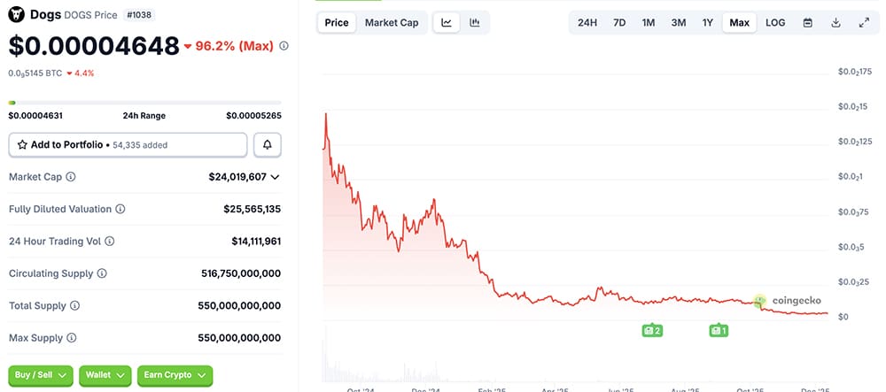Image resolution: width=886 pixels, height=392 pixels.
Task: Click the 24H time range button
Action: [x=587, y=22]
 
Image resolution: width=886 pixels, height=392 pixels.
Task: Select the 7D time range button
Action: [x=619, y=22]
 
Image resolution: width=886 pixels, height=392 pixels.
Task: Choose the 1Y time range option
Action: [x=707, y=22]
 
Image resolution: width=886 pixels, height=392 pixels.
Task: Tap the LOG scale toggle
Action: [x=775, y=22]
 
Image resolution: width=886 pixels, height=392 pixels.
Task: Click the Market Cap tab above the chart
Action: [x=392, y=22]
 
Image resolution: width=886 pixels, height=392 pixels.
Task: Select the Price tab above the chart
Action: [x=337, y=22]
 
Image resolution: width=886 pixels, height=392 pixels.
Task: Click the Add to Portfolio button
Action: [x=128, y=144]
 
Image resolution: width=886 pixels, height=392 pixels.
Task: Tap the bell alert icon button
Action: [x=268, y=144]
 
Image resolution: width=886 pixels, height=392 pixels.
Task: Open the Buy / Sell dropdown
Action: [x=41, y=375]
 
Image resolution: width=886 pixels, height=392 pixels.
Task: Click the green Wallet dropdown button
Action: [x=105, y=375]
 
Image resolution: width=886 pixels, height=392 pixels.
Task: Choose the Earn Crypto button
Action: [x=175, y=375]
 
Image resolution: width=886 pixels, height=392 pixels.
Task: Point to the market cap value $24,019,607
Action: [x=237, y=177]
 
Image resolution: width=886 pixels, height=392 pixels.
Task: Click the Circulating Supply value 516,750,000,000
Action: [x=241, y=273]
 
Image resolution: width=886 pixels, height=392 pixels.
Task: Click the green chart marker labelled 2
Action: [x=652, y=330]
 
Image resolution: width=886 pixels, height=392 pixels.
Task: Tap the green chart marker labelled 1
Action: [x=719, y=330]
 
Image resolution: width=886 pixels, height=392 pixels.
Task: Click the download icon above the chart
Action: [x=835, y=22]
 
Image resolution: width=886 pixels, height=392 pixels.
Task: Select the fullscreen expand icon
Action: [x=864, y=22]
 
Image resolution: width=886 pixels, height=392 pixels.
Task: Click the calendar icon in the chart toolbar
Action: [x=807, y=22]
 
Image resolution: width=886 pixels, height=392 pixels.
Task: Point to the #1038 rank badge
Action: [x=137, y=15]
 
